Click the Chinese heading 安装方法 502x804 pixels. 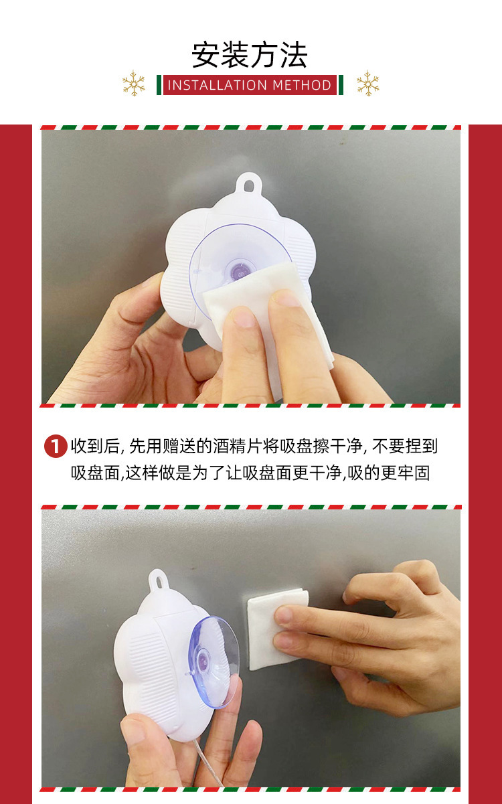click(x=250, y=55)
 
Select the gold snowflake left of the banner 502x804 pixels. click(x=134, y=84)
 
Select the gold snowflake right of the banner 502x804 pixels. click(x=367, y=84)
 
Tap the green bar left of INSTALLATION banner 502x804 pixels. click(x=159, y=85)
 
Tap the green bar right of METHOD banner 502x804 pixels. click(x=341, y=85)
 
